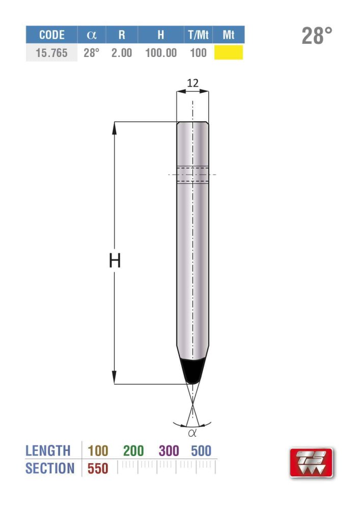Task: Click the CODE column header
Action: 51,35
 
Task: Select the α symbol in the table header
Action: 92,35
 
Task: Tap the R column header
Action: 122,35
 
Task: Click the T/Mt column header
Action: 198,35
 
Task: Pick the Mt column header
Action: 228,35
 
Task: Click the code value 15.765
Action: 51,52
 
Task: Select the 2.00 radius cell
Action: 122,52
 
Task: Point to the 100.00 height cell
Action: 161,52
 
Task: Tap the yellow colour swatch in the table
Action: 229,52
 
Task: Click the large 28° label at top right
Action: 317,36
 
